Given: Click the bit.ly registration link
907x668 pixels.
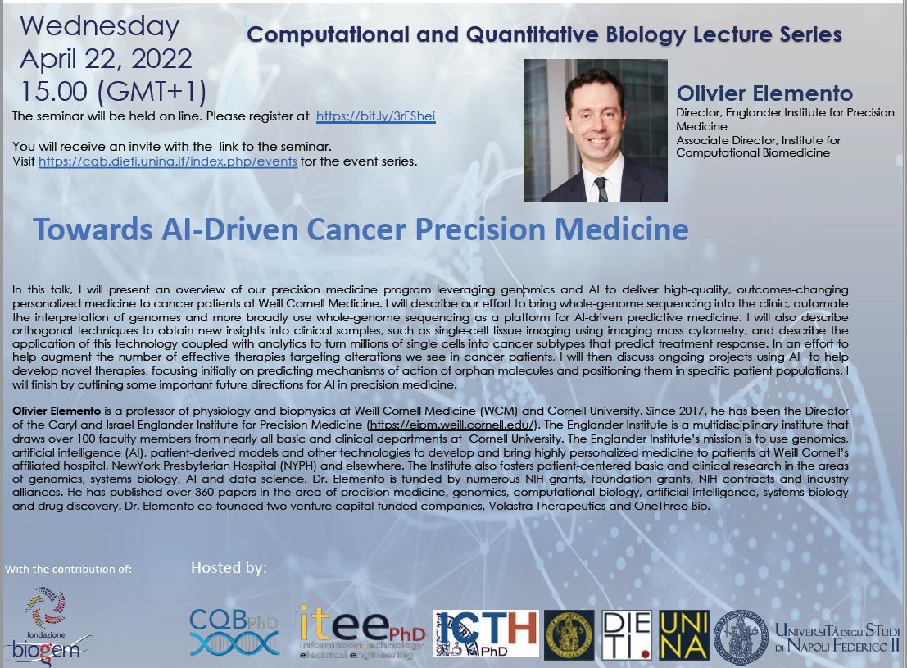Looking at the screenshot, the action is [x=375, y=116].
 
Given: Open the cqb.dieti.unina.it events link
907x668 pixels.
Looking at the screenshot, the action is [x=168, y=161].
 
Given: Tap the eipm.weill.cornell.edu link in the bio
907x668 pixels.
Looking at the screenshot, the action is [x=451, y=425].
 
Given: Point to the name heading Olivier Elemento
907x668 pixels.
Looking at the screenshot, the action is [x=764, y=93].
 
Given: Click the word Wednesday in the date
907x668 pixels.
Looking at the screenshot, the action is [x=99, y=26].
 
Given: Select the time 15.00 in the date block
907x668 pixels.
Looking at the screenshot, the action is [x=54, y=92].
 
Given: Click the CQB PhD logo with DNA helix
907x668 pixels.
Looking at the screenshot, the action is [x=234, y=632].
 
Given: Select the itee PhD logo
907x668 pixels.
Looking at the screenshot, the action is [x=362, y=632].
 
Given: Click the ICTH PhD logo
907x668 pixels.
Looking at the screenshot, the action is [x=486, y=634].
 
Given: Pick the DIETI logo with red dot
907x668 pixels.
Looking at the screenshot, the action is [x=627, y=635].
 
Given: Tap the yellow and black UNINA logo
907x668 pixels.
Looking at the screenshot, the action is [x=683, y=635].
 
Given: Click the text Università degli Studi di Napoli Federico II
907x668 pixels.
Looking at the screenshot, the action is [x=837, y=638].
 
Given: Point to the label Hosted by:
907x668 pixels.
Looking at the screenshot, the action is [x=229, y=568].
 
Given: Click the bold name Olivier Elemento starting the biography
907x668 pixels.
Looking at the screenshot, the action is [x=57, y=411].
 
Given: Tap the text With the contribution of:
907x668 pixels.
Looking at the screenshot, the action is [x=69, y=569].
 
